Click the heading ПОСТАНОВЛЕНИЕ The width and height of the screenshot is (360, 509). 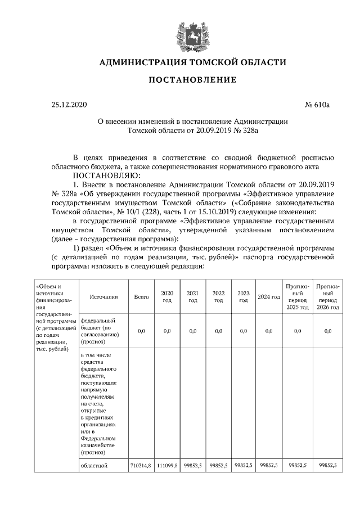click(192, 80)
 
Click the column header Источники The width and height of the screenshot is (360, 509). click(103, 296)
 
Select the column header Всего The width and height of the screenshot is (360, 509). click(142, 296)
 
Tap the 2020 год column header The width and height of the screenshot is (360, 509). click(167, 296)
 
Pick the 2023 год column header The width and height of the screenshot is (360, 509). click(244, 296)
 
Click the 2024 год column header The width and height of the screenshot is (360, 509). click(269, 297)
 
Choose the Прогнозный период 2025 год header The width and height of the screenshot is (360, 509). click(298, 296)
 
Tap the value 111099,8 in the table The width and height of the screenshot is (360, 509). click(167, 466)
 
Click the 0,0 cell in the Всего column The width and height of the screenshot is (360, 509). click(142, 331)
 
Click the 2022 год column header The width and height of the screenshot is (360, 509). click(218, 296)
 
